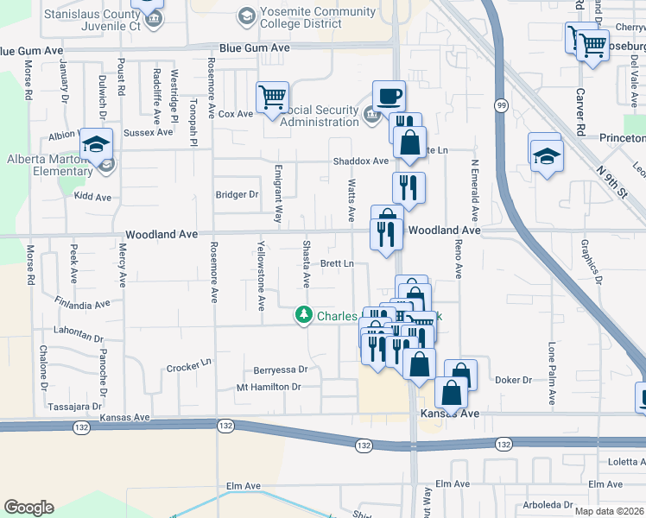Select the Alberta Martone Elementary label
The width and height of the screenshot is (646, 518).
coord(49,165)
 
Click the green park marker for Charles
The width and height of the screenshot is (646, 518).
coord(303,315)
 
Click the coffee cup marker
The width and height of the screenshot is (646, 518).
coord(389,95)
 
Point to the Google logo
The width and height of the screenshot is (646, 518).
coord(28,508)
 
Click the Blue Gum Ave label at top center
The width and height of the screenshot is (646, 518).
coord(255,48)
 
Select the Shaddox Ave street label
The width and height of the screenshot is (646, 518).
coord(361,161)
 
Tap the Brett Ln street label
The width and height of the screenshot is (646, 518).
coord(337,263)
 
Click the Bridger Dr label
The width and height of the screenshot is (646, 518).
coord(237,195)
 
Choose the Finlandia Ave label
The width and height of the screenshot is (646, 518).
coord(82,305)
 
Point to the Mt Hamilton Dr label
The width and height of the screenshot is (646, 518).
coord(269,387)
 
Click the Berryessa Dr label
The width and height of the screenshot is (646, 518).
coord(280,370)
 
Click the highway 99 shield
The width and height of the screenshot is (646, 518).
coord(500,104)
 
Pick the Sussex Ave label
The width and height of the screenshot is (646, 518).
coord(149,133)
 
